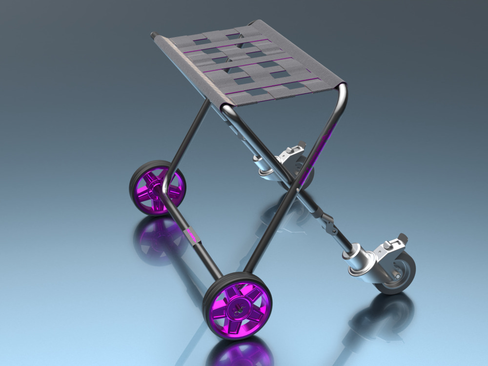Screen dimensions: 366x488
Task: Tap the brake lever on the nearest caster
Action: point(395,242)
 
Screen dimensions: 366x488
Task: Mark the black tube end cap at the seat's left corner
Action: point(154,35)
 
